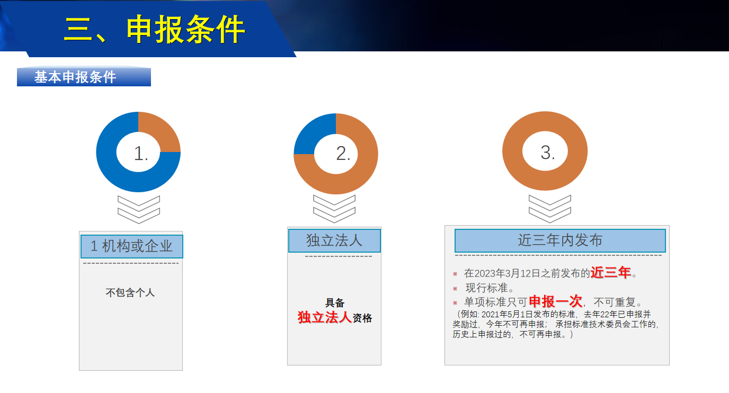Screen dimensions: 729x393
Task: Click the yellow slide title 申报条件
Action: coord(186,29)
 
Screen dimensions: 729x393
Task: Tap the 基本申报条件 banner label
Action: coord(75,77)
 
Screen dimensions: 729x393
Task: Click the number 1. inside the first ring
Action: coord(141,153)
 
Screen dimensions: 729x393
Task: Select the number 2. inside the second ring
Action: coord(343,153)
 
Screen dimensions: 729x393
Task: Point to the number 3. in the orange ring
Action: coord(548,152)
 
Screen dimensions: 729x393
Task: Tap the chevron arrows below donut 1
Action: coord(139,210)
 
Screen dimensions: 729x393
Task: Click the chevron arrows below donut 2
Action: coord(334,209)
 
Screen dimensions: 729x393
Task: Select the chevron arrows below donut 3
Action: coord(550,209)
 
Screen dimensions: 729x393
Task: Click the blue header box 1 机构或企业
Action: coord(132,246)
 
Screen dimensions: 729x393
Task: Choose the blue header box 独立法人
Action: coord(334,241)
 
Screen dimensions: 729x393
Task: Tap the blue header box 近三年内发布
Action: coord(560,240)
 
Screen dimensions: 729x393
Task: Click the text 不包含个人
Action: coord(130,292)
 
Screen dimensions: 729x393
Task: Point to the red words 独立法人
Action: coord(324,317)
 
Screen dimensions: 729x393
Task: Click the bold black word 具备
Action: coord(335,303)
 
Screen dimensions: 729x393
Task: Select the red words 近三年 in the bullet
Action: coord(610,272)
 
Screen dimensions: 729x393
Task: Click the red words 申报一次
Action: coord(556,301)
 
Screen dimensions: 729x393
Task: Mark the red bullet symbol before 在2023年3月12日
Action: coord(455,274)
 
